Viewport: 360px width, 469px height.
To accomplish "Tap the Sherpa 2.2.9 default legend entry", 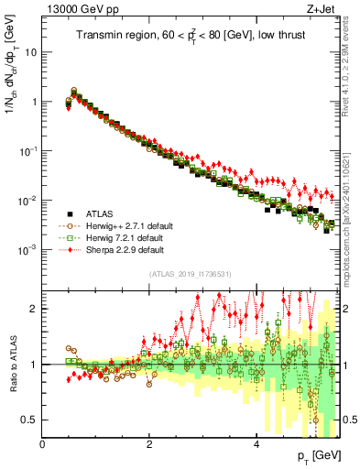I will (118, 249).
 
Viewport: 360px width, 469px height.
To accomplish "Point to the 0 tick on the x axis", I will (42, 443).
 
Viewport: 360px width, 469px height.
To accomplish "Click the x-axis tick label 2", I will (149, 443).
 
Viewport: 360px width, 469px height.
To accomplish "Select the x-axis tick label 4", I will (256, 443).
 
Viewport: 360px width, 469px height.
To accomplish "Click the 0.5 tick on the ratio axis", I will (29, 420).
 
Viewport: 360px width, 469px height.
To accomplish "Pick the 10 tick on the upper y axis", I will (30, 52).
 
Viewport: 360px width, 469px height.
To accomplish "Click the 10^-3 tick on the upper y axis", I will (27, 250).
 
